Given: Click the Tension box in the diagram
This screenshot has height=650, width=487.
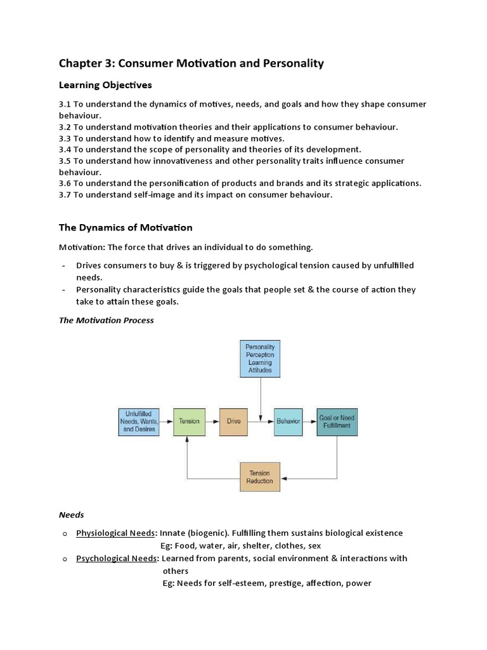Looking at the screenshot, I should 189,421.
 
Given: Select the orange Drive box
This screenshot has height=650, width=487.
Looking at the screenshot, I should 233,421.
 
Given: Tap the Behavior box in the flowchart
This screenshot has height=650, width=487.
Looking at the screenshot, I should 288,421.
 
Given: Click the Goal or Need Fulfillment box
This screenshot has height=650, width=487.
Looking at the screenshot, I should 337,421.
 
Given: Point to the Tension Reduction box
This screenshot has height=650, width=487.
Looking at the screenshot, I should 259,477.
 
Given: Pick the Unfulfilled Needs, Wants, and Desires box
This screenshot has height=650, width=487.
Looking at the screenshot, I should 138,421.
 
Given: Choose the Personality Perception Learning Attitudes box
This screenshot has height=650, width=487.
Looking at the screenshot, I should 260,358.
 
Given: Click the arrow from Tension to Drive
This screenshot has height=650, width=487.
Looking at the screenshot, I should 212,421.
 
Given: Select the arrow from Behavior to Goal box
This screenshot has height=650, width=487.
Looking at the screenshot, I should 309,421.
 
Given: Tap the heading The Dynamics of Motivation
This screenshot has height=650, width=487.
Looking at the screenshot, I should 126,227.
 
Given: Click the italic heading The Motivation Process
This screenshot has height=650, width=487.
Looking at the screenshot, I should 107,321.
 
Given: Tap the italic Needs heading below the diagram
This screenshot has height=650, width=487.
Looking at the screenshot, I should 71,515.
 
